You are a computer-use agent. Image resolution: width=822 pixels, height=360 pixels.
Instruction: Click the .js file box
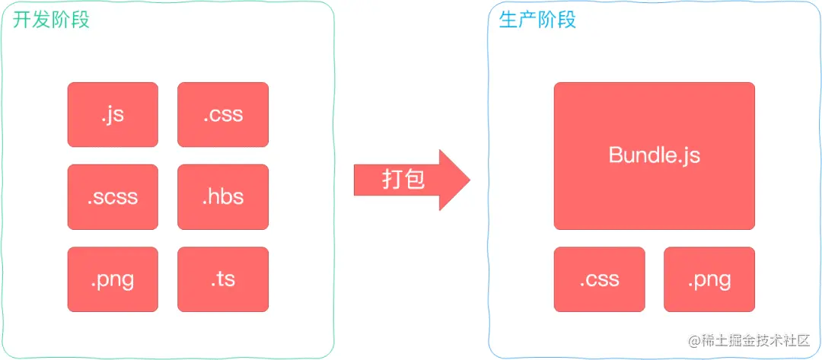tap(113, 114)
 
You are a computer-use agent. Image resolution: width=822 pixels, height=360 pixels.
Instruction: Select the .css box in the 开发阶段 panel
tap(223, 114)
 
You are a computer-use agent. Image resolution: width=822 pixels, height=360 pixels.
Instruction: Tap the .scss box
tap(113, 196)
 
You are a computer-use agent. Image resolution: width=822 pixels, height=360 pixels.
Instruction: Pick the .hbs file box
tap(223, 196)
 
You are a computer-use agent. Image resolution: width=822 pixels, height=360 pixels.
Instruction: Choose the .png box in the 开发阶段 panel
tap(113, 279)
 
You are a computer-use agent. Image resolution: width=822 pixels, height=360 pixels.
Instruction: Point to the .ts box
tap(223, 279)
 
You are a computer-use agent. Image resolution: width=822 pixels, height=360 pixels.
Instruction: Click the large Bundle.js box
tap(654, 155)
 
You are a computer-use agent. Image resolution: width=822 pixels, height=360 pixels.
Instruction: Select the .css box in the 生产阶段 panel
tap(599, 279)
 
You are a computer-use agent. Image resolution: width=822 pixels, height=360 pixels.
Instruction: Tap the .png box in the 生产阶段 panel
tap(709, 279)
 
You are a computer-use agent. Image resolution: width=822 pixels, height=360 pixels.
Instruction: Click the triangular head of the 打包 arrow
tap(454, 180)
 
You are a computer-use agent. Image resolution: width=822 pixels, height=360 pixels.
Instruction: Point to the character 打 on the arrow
tap(392, 180)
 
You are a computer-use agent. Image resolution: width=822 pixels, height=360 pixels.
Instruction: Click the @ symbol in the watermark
tap(693, 341)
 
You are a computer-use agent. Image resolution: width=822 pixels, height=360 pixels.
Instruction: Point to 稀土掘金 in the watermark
tap(727, 341)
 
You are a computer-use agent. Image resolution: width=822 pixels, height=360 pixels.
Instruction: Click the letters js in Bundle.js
tap(689, 156)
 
